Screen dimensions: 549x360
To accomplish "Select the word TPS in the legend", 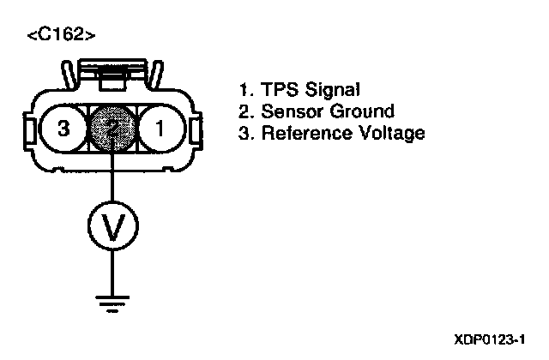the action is coord(277,88).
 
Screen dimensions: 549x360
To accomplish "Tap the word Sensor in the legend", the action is coord(289,111).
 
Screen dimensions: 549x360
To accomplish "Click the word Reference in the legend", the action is coord(303,133).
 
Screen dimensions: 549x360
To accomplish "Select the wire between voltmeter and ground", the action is coord(112,270).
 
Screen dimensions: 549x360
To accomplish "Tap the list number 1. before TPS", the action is coord(244,88).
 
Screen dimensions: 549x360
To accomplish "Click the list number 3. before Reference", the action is coord(244,133).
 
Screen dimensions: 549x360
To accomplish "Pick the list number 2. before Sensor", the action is coord(244,111).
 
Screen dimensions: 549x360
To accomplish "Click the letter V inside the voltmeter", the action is coord(112,226).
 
